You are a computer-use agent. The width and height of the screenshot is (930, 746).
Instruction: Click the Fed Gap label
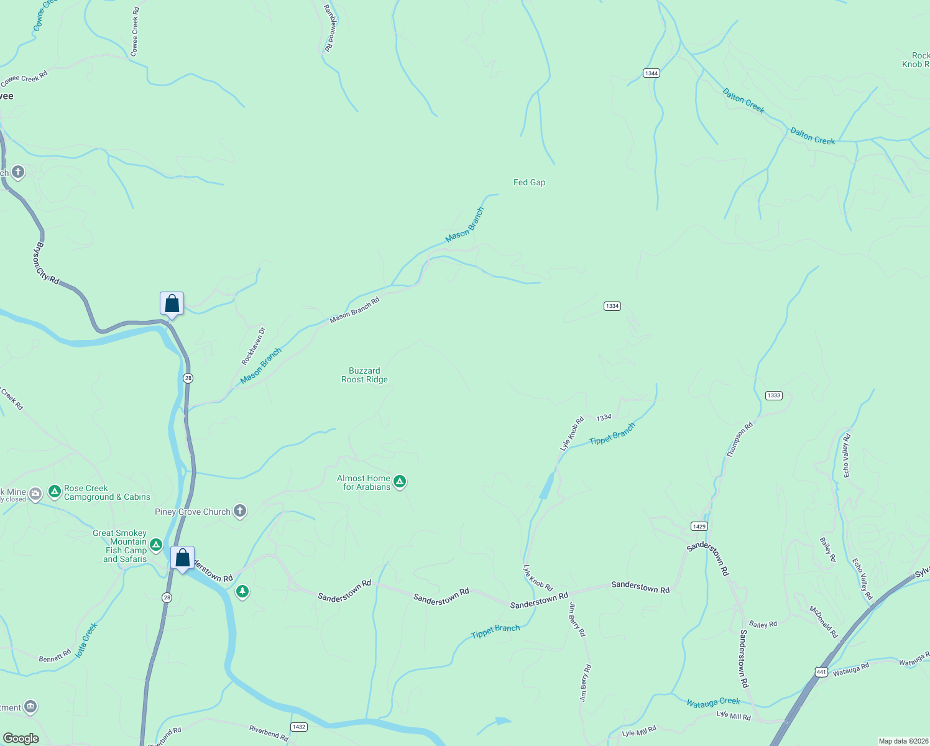(529, 182)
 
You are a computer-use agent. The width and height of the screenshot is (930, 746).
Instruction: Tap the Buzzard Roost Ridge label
(364, 375)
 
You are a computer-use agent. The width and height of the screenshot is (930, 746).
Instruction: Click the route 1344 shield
(651, 73)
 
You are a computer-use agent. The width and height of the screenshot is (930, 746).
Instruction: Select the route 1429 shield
(699, 527)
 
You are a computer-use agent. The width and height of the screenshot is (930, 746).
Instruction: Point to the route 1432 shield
(299, 727)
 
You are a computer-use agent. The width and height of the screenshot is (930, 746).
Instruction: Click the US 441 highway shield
(821, 672)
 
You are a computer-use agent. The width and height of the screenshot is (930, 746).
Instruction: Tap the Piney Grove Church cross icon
(240, 511)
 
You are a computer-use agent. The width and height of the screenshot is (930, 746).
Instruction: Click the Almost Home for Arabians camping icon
(400, 481)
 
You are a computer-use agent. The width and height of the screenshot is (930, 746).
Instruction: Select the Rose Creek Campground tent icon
(55, 492)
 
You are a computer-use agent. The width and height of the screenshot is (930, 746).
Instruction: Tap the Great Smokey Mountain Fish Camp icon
(156, 545)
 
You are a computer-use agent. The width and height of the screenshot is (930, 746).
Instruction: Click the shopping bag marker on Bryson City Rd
(172, 304)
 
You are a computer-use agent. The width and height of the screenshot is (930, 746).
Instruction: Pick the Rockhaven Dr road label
(253, 346)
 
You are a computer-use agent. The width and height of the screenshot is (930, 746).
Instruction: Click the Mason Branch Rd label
(354, 310)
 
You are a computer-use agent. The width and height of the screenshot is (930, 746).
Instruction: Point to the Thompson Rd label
(740, 440)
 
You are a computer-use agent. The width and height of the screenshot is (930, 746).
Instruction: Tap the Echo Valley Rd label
(846, 456)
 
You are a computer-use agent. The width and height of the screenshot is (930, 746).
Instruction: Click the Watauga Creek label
(713, 702)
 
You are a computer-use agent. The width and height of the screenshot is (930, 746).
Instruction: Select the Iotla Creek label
(86, 640)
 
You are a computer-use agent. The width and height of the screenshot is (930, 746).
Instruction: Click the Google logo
(21, 739)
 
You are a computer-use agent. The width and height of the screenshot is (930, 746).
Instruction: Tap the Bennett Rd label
(55, 656)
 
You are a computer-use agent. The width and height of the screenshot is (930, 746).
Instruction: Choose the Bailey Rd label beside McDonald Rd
(763, 624)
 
